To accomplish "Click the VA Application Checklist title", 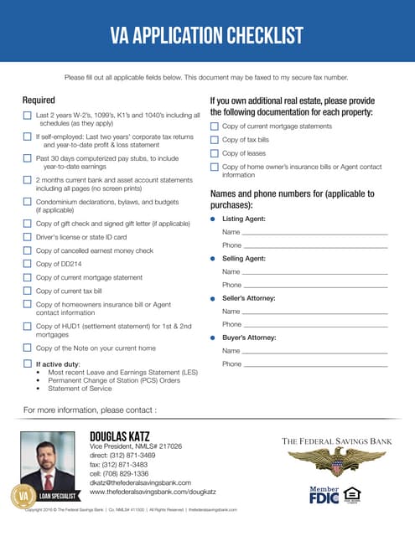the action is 207,35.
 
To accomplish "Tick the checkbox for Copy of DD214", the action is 28,264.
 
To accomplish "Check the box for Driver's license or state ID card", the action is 28,237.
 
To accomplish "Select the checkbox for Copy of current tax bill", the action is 28,291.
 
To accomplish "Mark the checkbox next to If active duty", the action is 28,364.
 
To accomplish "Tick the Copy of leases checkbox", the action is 214,153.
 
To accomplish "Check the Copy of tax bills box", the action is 214,140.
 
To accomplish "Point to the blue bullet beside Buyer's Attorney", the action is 213,338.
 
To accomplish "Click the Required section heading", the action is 39,100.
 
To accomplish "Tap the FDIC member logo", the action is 324,497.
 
